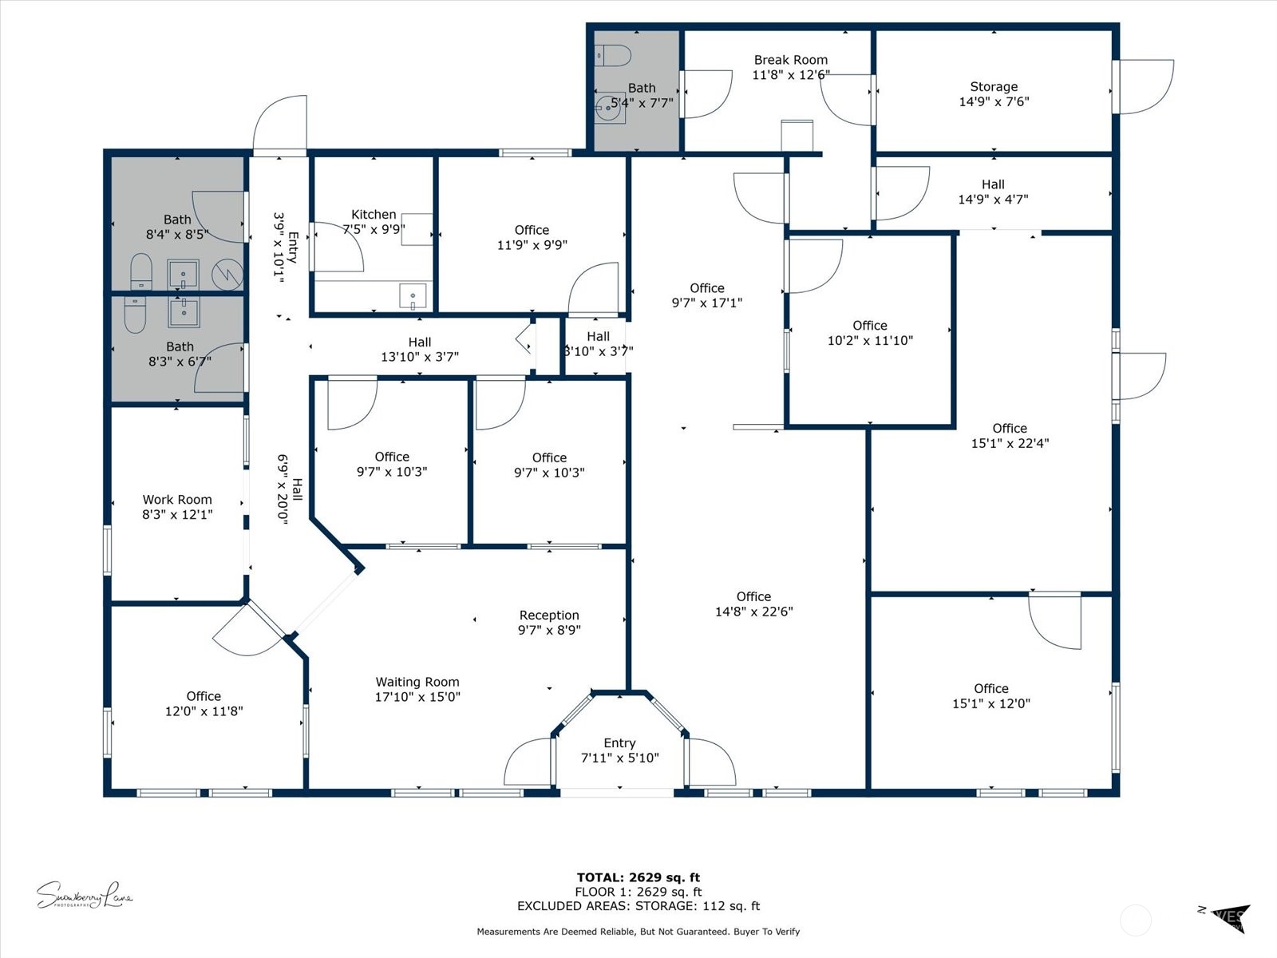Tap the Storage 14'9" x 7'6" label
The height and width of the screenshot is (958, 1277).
click(994, 94)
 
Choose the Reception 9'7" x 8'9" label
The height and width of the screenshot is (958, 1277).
click(549, 622)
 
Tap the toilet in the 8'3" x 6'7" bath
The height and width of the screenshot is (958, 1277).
click(135, 315)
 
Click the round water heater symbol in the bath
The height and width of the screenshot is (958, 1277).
click(227, 274)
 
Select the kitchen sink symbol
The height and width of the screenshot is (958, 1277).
click(413, 296)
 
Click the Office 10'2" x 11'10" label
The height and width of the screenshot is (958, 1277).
click(870, 333)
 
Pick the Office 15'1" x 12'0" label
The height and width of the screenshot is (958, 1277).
click(990, 695)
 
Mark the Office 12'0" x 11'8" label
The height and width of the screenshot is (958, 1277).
click(204, 703)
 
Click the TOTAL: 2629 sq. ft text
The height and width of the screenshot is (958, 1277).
click(638, 877)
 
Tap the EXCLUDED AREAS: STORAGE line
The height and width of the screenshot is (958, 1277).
click(638, 906)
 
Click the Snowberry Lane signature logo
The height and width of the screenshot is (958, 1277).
click(84, 896)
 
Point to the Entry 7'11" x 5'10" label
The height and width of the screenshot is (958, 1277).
click(619, 750)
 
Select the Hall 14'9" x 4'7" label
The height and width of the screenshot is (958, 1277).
click(993, 192)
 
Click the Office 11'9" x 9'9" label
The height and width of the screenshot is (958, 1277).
click(532, 237)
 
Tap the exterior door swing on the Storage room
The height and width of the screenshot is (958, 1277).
click(1145, 86)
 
